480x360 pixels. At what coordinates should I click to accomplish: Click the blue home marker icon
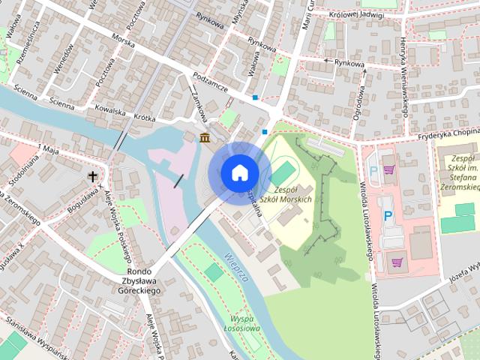239,172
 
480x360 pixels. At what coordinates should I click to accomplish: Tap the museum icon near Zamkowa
205,137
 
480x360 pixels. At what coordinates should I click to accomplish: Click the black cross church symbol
93,177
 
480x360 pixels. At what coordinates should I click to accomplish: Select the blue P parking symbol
388,215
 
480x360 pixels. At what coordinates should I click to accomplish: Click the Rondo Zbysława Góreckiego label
133,280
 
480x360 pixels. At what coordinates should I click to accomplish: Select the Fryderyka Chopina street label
449,132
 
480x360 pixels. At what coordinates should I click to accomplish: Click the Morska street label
124,40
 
